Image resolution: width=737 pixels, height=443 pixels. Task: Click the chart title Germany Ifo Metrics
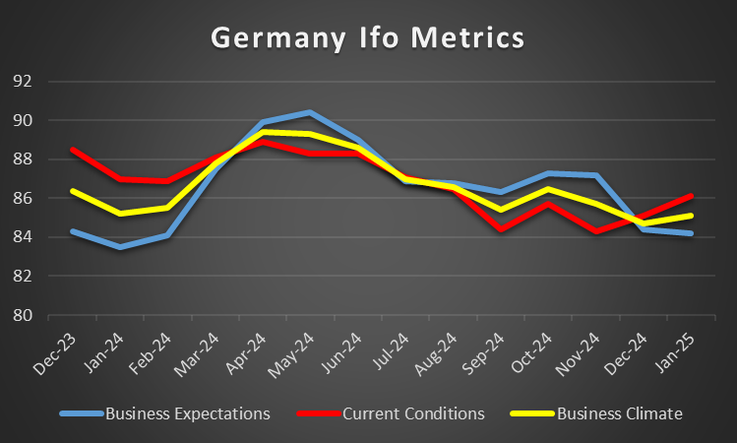pyautogui.click(x=368, y=39)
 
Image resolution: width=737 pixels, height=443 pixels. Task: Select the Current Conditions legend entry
pyautogui.click(x=413, y=413)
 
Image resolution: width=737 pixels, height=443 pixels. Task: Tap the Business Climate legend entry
pyautogui.click(x=619, y=413)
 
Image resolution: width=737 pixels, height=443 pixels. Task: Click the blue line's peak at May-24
pyautogui.click(x=310, y=112)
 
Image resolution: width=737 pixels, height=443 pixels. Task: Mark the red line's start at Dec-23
pyautogui.click(x=73, y=150)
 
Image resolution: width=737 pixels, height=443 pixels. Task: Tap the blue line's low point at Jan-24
pyautogui.click(x=120, y=247)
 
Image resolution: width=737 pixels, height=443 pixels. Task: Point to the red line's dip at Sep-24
pyautogui.click(x=501, y=229)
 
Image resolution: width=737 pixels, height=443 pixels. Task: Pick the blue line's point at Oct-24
pyautogui.click(x=548, y=173)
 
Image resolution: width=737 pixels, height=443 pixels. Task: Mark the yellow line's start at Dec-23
pyautogui.click(x=73, y=190)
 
